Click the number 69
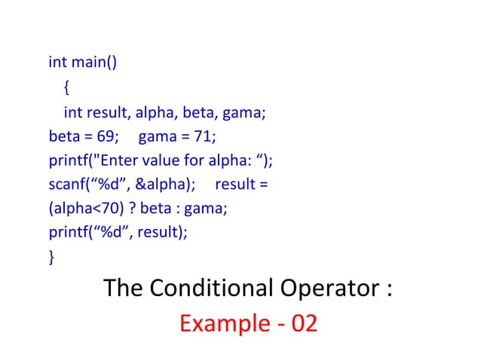point(107,138)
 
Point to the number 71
point(203,138)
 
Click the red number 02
point(303,324)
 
